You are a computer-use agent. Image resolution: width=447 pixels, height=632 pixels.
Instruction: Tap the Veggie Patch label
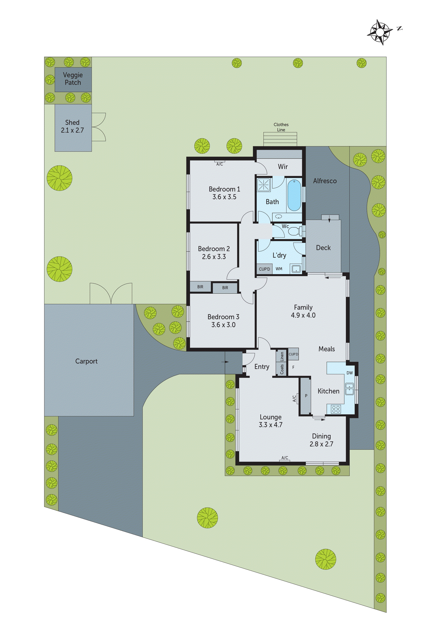pos(73,79)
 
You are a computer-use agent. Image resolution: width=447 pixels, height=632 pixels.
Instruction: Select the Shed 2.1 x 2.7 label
pos(73,126)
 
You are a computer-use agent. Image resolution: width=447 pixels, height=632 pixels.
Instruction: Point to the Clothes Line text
pos(281,127)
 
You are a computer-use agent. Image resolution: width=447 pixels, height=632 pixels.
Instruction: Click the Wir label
pos(283,167)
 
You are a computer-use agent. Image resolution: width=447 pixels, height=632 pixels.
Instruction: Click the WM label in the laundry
pos(279,269)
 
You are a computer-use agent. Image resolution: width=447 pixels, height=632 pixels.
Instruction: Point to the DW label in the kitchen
pos(349,373)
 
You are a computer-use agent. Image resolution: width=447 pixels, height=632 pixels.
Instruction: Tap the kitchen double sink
pos(349,389)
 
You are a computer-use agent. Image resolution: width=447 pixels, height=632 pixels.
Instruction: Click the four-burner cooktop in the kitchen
pos(336,409)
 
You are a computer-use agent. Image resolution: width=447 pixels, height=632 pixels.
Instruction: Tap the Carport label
pos(86,361)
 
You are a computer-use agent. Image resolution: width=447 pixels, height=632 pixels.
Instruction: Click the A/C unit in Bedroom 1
pos(220,164)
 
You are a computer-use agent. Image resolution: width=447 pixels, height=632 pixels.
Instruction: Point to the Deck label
pos(323,248)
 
